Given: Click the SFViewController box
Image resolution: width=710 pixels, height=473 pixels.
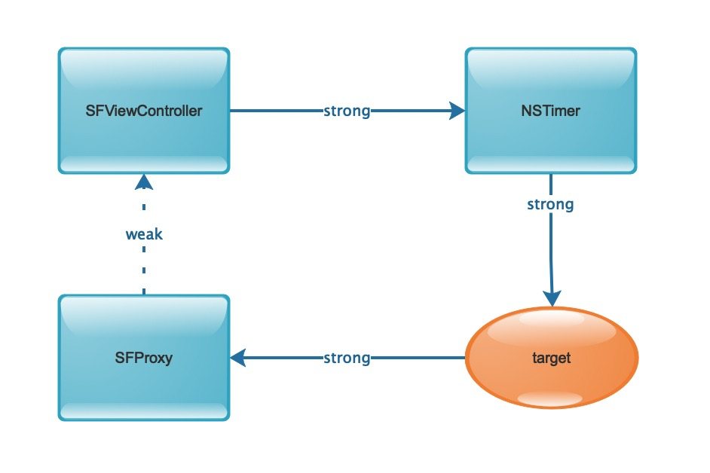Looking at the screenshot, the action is coord(144,111).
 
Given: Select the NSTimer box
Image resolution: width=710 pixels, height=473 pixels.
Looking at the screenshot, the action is coord(551,111).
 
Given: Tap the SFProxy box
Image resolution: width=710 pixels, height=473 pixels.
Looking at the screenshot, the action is coord(144,358).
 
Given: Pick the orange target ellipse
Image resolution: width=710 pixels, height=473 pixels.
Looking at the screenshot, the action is coord(552,358).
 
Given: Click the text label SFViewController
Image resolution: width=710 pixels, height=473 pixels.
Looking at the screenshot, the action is coord(144,111).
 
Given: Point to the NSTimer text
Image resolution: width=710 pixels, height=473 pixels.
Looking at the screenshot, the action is coord(551,111).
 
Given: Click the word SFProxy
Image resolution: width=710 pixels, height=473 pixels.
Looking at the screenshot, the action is coord(144,358).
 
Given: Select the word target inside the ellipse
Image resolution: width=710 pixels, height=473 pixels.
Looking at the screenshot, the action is coord(552,358).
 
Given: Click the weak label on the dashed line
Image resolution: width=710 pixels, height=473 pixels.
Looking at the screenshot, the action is coord(144,234).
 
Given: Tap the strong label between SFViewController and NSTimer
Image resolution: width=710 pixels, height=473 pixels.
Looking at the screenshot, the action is coord(347,111).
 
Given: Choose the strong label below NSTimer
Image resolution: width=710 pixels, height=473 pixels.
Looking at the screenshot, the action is coord(551,205).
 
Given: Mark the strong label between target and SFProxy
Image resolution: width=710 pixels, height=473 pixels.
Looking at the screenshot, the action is coord(347,359).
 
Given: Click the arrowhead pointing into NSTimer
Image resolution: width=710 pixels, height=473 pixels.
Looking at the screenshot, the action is coord(457,111).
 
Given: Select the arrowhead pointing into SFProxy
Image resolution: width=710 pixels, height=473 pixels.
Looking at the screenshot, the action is coord(238,358).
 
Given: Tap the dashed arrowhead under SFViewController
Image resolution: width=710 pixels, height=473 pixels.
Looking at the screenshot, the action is coord(144,182).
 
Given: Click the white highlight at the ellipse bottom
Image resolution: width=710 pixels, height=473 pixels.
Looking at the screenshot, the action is coord(549,398).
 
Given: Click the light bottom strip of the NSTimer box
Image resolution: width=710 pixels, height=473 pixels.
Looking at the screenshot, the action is coord(551,164).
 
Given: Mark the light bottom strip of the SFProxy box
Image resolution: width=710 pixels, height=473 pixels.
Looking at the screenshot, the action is coord(144,411).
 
